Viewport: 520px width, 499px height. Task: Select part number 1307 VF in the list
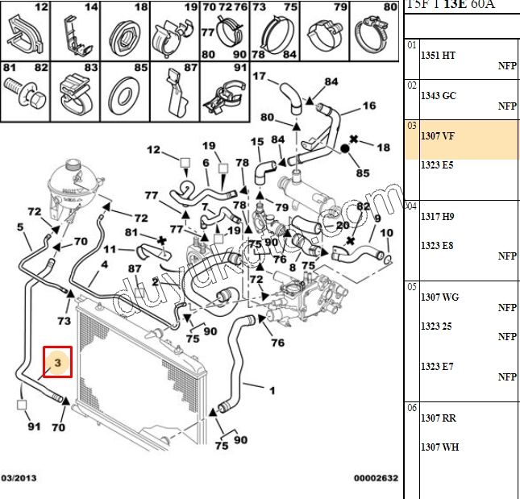[438, 135]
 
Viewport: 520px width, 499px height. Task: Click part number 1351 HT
[438, 55]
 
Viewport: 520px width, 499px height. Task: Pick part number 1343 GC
[438, 95]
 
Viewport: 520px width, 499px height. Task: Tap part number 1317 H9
[438, 216]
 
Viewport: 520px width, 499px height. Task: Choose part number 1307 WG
[439, 297]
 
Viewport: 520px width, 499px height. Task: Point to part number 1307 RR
[438, 418]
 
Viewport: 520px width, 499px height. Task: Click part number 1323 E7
[437, 367]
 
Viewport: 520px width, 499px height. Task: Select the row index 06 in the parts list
[412, 408]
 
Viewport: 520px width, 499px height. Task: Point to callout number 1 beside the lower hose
[272, 392]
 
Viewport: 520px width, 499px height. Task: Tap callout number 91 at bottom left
[33, 426]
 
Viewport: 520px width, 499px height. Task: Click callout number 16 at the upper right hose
[368, 106]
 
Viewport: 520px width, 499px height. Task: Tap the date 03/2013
[19, 478]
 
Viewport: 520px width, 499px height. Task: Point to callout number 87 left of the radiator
[135, 268]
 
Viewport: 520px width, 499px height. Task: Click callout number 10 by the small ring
[386, 233]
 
